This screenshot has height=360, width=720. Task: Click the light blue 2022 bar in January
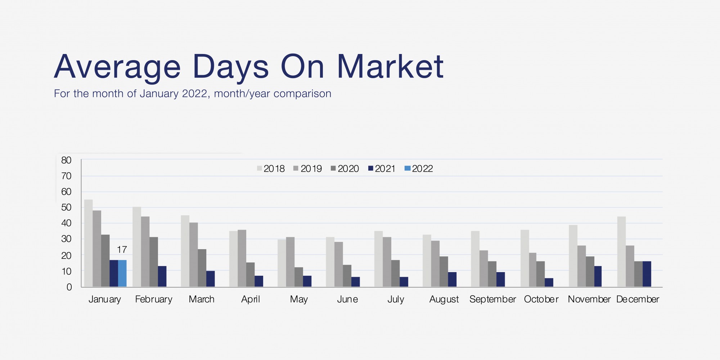[x=122, y=273]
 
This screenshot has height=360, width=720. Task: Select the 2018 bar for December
[x=621, y=252]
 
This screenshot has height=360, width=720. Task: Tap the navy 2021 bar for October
[x=549, y=283]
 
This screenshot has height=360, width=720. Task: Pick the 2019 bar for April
[x=242, y=258]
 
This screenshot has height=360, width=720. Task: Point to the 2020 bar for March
[x=202, y=268]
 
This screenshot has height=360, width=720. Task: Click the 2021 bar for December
[x=647, y=274]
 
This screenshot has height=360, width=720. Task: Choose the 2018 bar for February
[x=137, y=247]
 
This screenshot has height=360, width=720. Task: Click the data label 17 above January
[x=122, y=249]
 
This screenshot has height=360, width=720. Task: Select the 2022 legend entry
[x=419, y=168]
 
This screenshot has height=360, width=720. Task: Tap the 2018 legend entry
[x=271, y=168]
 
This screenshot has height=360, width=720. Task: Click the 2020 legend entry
[x=345, y=168]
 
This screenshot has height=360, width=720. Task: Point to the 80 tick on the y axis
[x=66, y=160]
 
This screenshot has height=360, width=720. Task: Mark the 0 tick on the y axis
[x=69, y=287]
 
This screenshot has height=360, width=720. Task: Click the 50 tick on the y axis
[x=66, y=207]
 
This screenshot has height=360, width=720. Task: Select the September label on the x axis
[x=492, y=300]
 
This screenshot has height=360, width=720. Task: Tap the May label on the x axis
[x=299, y=300]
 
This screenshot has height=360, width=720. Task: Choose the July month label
[x=396, y=300]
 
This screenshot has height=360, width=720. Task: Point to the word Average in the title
[x=117, y=67]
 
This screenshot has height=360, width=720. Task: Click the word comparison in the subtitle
[x=302, y=94]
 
